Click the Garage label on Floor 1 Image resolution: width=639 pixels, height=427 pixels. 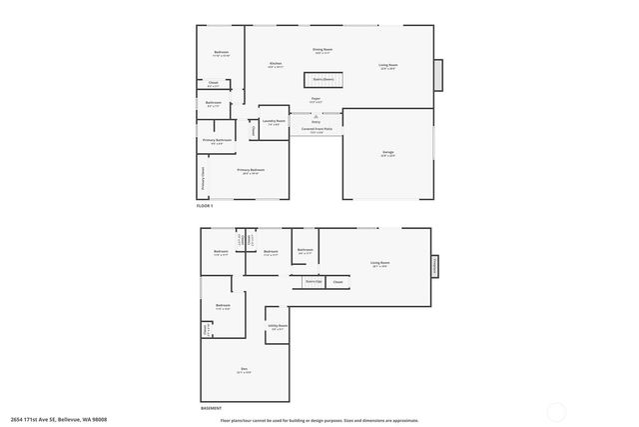(387, 153)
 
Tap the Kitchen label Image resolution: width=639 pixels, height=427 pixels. (275, 65)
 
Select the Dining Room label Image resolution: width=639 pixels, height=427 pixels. (321, 49)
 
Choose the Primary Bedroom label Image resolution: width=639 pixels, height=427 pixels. (250, 171)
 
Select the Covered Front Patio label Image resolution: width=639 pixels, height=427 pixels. (316, 129)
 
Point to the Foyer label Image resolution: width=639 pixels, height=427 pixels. (316, 99)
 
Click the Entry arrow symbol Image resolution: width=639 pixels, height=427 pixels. (316, 116)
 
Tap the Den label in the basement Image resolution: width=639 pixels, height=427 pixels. (244, 370)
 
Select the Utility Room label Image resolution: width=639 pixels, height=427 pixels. (278, 326)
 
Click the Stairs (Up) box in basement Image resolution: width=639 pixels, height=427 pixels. (313, 283)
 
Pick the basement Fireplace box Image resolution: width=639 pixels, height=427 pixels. (435, 267)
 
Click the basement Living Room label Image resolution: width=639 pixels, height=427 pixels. (380, 264)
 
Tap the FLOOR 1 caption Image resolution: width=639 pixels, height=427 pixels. (205, 206)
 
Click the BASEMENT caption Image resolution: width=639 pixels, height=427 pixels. (211, 408)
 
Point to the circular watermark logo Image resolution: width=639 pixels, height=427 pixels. (556, 412)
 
